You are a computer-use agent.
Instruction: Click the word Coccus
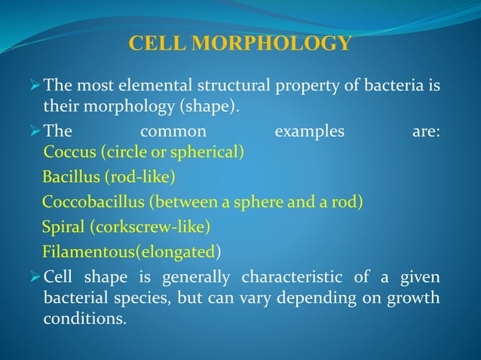(x=70, y=153)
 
